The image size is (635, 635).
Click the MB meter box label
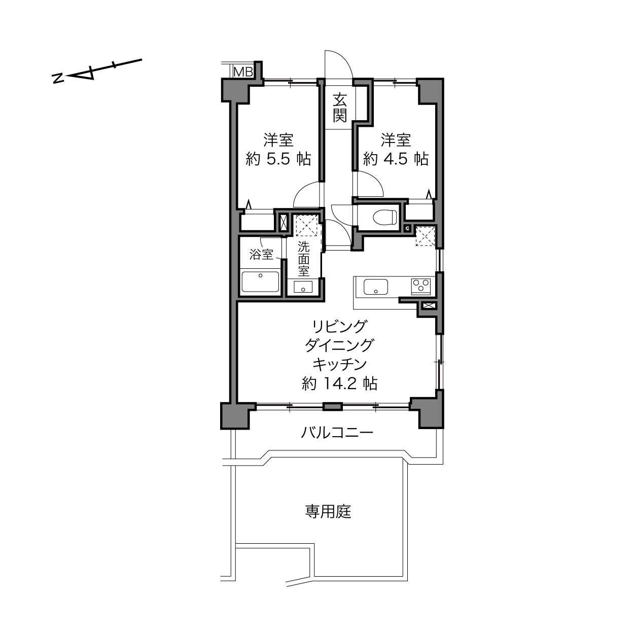(243, 72)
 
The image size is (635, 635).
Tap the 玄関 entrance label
(339, 108)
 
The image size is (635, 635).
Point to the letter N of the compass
(58, 78)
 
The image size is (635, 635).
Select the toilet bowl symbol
(384, 218)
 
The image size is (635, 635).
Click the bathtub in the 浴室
(260, 281)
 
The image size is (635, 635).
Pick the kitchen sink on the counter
(376, 287)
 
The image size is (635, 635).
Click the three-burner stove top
(421, 286)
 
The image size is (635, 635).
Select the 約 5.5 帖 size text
(278, 159)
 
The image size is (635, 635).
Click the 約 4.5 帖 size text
(396, 159)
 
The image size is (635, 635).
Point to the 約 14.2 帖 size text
(340, 383)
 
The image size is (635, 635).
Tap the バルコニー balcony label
(337, 432)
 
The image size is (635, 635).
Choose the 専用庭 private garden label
(328, 511)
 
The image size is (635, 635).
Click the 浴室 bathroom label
(261, 255)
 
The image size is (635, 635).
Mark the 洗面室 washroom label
(303, 259)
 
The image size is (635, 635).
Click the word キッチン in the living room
(339, 365)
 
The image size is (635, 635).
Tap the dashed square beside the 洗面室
(306, 225)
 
